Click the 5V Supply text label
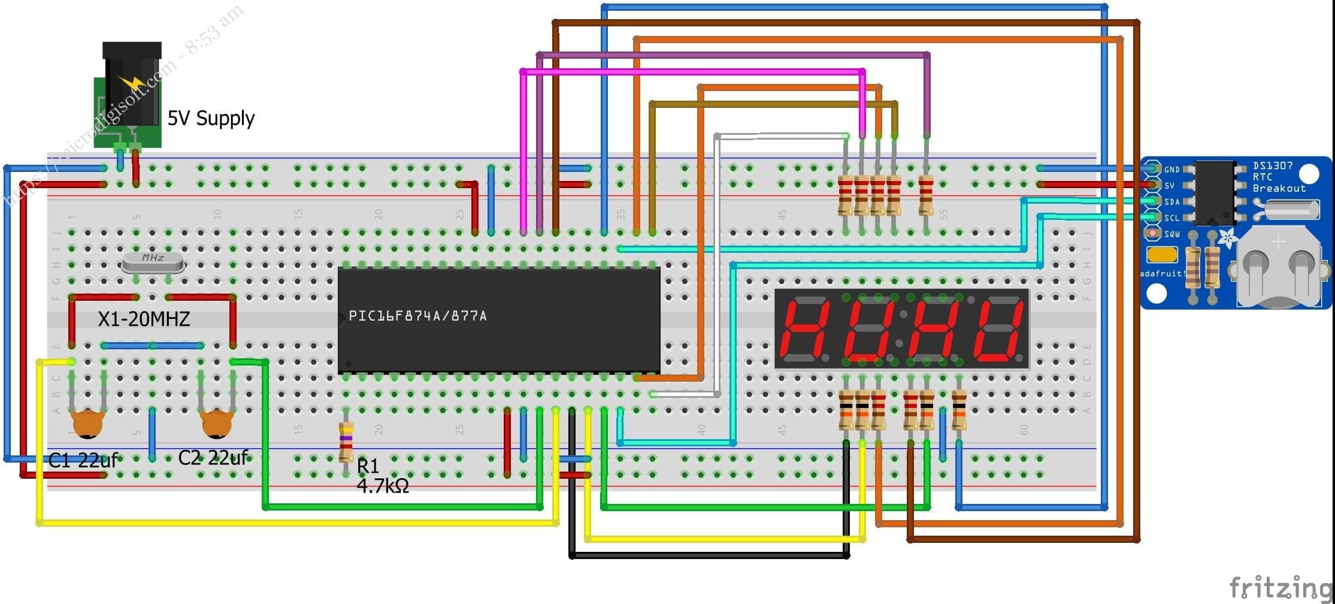click(x=211, y=118)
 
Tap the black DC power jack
click(x=131, y=90)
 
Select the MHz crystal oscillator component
click(x=152, y=261)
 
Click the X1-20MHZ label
click(x=144, y=319)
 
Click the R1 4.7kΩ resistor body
click(x=346, y=442)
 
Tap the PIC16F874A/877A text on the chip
click(x=417, y=316)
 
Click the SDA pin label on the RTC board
click(x=1171, y=202)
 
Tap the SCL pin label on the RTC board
click(x=1171, y=218)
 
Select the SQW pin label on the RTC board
click(x=1172, y=234)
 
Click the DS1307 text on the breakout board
click(x=1272, y=166)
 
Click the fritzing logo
click(x=1280, y=587)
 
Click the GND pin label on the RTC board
click(x=1171, y=170)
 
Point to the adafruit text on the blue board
click(x=1162, y=274)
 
